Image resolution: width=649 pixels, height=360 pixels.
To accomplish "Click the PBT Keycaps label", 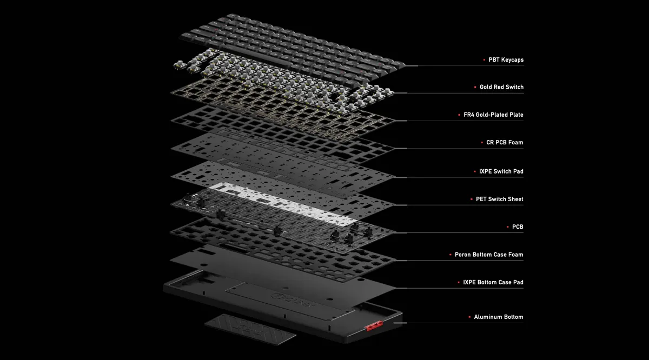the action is click(x=506, y=59).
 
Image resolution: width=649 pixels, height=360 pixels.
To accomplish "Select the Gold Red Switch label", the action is click(x=501, y=87).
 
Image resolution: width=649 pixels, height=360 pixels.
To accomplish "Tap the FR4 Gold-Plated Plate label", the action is click(x=493, y=115).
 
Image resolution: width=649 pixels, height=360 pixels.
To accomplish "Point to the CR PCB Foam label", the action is click(x=505, y=143).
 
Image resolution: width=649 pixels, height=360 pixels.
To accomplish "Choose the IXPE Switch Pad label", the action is click(x=501, y=171).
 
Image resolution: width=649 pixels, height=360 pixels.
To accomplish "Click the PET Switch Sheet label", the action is click(x=500, y=199).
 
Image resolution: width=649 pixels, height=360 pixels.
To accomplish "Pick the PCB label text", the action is click(x=518, y=227).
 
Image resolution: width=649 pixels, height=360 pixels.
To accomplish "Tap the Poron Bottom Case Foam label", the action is click(x=489, y=255).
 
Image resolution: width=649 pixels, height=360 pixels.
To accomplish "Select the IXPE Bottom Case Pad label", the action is click(x=493, y=282).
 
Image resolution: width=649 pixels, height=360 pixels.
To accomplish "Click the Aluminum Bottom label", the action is click(x=498, y=317).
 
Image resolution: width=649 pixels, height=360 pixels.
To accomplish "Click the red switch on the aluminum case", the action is click(x=374, y=326).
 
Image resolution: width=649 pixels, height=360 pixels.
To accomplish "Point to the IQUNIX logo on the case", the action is click(x=293, y=301).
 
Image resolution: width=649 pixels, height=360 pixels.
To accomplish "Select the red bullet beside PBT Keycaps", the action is click(x=484, y=59).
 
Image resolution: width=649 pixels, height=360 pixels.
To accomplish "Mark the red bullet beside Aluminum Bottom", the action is click(x=469, y=317).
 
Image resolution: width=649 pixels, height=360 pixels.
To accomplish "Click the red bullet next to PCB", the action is click(x=508, y=227).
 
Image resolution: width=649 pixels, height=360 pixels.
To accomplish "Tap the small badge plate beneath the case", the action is click(x=250, y=329).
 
